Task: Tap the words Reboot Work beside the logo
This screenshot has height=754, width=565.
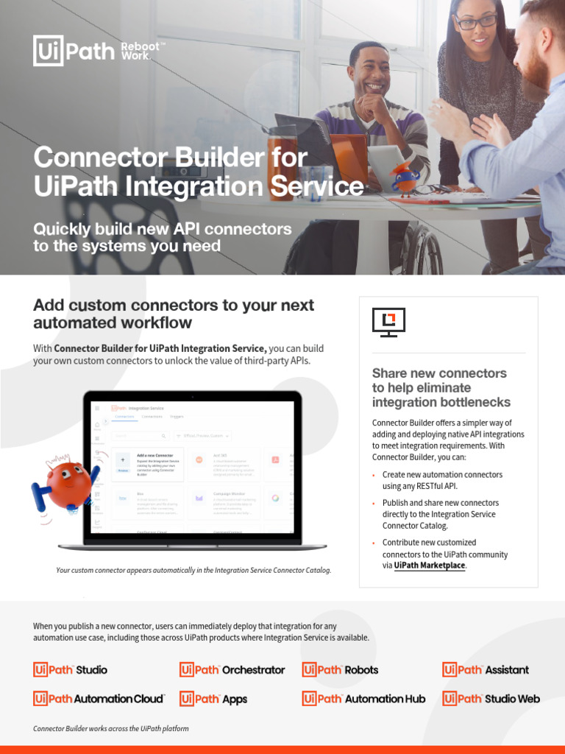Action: [142, 51]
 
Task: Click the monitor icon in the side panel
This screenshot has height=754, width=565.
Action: [388, 322]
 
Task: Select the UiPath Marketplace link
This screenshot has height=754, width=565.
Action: [430, 565]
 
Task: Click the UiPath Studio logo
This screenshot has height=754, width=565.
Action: [71, 669]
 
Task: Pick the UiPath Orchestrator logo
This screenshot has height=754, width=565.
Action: [232, 669]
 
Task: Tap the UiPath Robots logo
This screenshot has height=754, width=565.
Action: [341, 669]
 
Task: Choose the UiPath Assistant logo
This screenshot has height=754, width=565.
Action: [486, 669]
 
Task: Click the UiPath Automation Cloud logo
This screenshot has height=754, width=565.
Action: [99, 698]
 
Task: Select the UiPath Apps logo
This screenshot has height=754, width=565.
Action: [214, 698]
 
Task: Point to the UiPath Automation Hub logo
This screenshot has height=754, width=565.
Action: [363, 698]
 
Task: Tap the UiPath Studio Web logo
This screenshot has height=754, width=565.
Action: [491, 698]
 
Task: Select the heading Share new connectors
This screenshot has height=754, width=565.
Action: [439, 373]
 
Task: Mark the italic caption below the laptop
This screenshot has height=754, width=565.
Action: [193, 570]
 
